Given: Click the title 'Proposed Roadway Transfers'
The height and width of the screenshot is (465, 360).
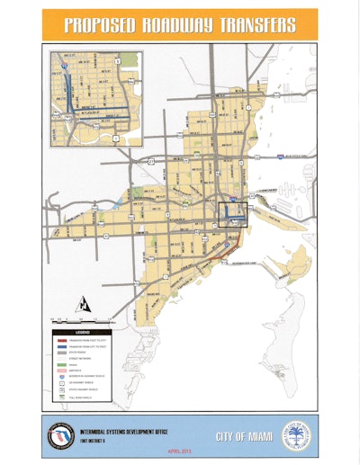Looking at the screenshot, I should coord(179,24).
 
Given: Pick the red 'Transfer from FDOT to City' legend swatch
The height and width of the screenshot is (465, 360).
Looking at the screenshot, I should coord(59,338).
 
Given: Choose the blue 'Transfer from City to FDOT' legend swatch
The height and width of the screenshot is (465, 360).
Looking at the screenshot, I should coord(59,345).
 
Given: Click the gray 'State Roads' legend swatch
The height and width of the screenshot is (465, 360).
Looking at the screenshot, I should coord(59,353).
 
